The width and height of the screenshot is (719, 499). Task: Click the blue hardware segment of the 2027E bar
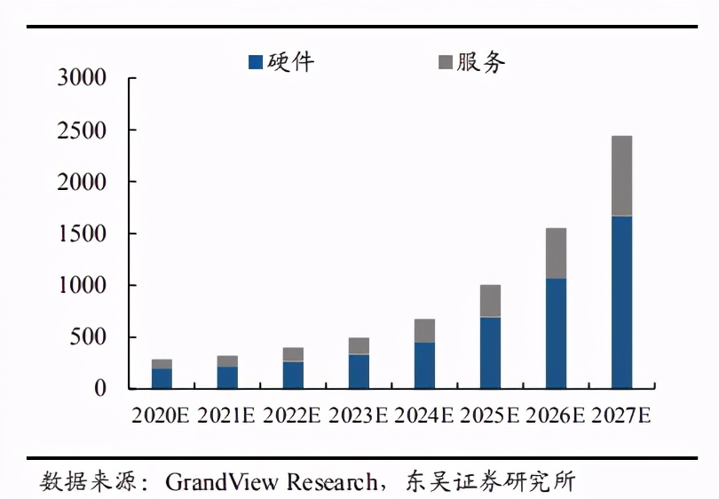point(621,302)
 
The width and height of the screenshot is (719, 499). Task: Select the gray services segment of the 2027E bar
point(621,176)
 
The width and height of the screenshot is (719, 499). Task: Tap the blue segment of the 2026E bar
point(556,333)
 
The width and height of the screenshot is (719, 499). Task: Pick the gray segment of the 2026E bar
point(556,253)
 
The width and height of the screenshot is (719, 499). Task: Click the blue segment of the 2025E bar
point(490,352)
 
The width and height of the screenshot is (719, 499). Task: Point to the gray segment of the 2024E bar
point(424,330)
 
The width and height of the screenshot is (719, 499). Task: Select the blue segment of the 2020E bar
point(162,378)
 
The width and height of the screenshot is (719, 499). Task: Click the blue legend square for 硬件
point(256,62)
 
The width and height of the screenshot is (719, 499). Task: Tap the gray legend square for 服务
point(446,62)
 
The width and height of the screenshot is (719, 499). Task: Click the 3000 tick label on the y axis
point(82,78)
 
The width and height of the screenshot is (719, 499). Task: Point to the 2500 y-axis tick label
point(82,131)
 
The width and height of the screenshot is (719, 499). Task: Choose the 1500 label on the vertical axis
point(82,234)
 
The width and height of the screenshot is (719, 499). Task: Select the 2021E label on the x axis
point(226,416)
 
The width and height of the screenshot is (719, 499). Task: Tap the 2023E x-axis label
point(358,416)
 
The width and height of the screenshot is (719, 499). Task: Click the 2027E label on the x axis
point(620,416)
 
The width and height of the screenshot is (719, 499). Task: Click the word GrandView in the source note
point(222,482)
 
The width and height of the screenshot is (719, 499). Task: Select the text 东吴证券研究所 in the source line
point(493,482)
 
